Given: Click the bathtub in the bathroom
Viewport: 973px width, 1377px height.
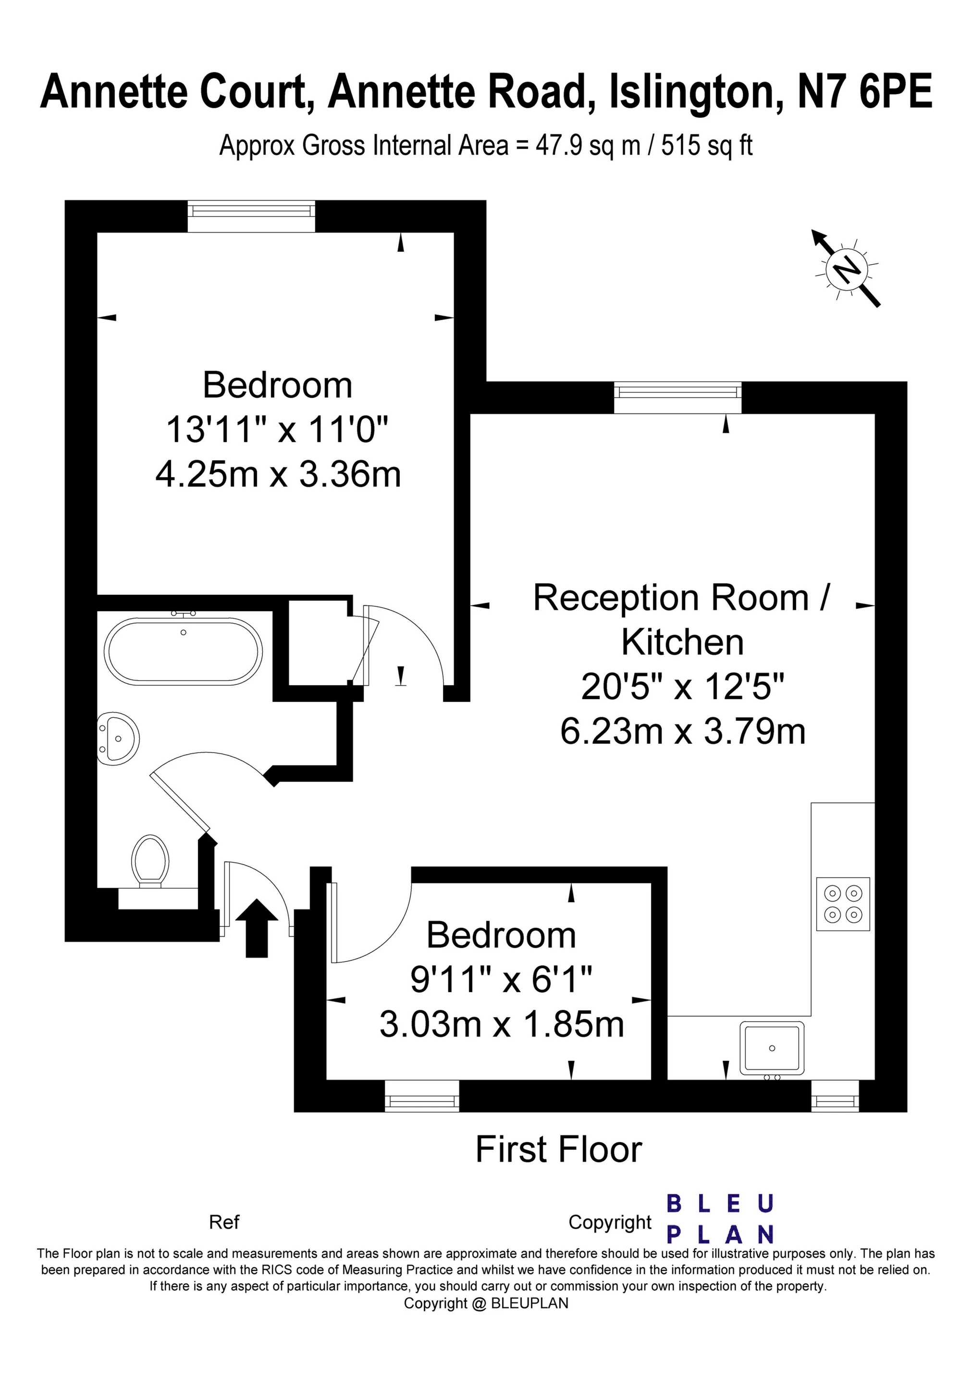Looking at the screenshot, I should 184,651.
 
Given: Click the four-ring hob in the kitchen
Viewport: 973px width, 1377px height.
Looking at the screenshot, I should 843,904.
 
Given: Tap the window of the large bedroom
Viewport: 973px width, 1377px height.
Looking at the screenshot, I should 251,216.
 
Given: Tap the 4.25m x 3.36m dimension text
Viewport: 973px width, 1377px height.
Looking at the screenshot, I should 278,474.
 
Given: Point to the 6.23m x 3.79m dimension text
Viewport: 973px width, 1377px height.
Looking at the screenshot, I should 683,731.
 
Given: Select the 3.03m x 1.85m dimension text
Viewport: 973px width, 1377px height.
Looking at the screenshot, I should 502,1024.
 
